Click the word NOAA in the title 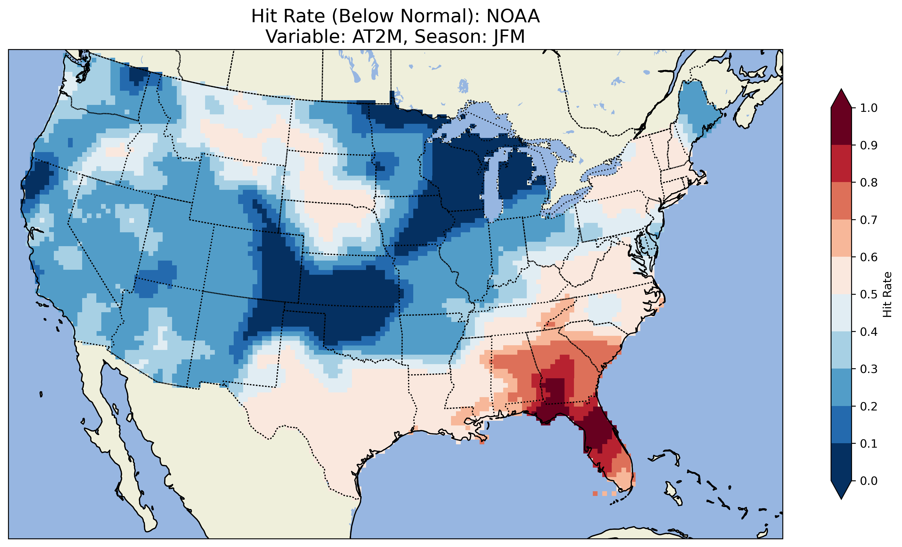[513, 16]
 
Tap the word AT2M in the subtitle [377, 37]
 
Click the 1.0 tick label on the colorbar [869, 108]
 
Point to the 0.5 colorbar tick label [869, 294]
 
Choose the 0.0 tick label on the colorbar [869, 481]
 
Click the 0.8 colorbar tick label [869, 182]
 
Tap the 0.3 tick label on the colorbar [869, 369]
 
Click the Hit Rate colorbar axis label [887, 294]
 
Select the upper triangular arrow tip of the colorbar [841, 97]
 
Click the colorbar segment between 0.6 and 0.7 [841, 238]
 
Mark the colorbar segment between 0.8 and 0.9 [841, 163]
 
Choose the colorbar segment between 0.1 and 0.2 [841, 425]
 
